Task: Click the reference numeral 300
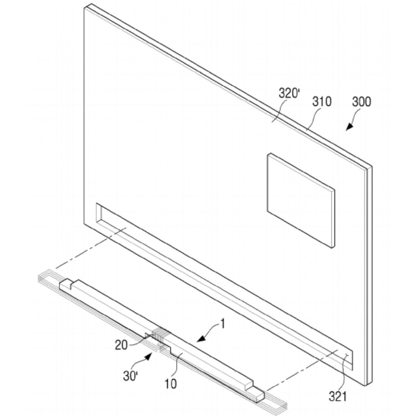click(x=362, y=102)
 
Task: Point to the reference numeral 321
click(x=338, y=396)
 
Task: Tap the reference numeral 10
click(x=171, y=384)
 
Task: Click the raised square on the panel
click(x=301, y=201)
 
